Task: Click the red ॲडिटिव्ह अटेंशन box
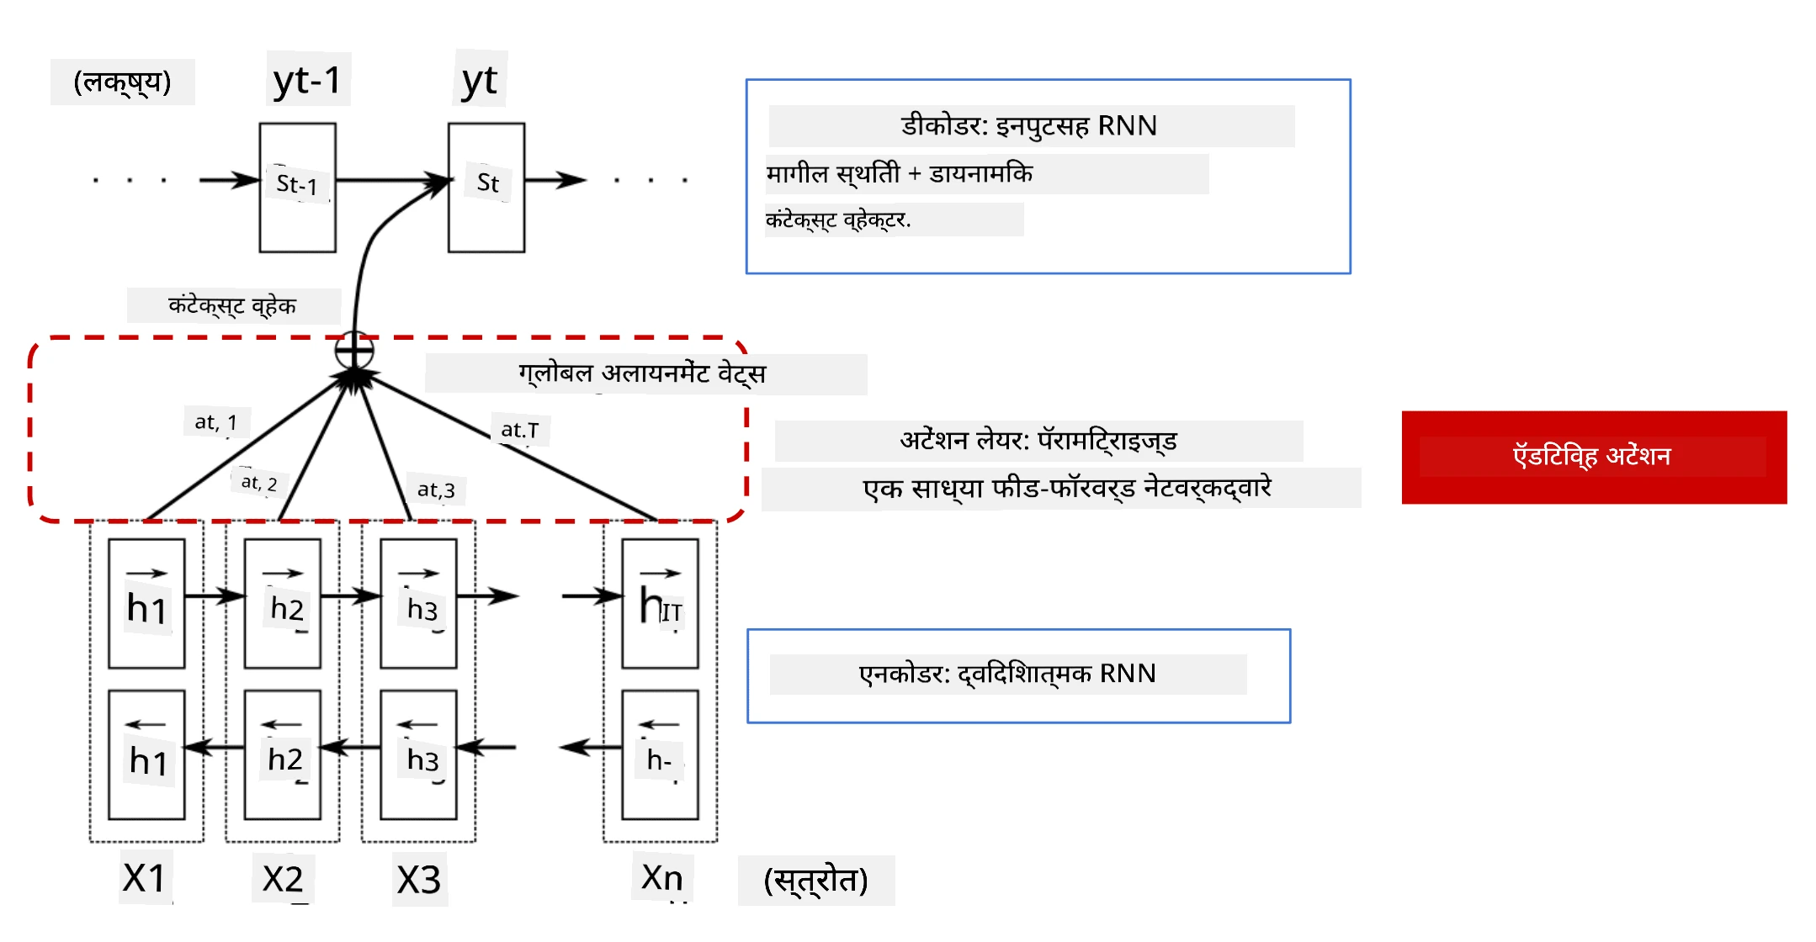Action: tap(1594, 457)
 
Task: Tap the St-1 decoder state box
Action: tap(297, 188)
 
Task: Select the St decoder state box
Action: tap(486, 188)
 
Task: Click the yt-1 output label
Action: tap(308, 81)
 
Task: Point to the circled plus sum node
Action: tap(354, 350)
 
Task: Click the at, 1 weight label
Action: tap(216, 421)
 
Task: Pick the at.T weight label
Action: tap(519, 430)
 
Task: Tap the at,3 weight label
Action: tap(436, 490)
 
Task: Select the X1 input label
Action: tap(144, 878)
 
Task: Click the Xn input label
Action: tap(661, 877)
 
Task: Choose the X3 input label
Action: tap(419, 880)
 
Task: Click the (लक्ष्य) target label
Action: tap(123, 82)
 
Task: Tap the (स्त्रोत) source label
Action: tap(815, 881)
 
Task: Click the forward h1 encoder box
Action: tap(146, 604)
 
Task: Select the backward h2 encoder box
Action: tap(283, 755)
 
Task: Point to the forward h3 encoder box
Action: tap(418, 604)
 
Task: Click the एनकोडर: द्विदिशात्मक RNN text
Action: tap(1007, 674)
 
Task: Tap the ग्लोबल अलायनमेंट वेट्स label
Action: tap(642, 373)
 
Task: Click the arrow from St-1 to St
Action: tap(393, 180)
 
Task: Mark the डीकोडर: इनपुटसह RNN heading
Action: tap(1029, 126)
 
